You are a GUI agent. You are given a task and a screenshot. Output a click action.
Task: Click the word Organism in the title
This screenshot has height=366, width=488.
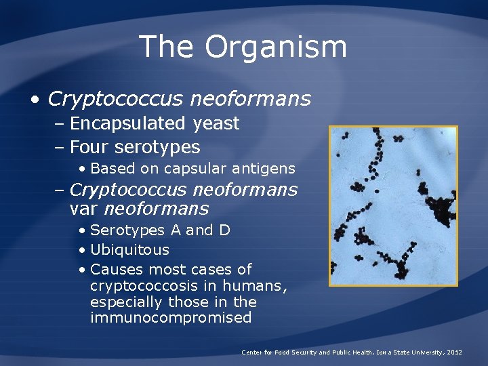[x=276, y=47]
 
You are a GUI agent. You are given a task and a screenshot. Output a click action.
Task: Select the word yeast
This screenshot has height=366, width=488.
[x=216, y=124]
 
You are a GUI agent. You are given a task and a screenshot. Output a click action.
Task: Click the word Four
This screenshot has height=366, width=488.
[x=90, y=147]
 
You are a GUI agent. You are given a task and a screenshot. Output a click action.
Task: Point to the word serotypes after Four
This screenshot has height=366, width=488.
[x=158, y=148]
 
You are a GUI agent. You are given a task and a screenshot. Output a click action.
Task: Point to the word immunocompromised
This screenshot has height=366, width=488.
[x=170, y=318]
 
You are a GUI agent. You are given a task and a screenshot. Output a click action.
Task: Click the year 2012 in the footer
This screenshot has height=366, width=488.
[x=451, y=352]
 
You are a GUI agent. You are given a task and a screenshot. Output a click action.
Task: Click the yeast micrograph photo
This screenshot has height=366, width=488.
[x=393, y=205]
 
